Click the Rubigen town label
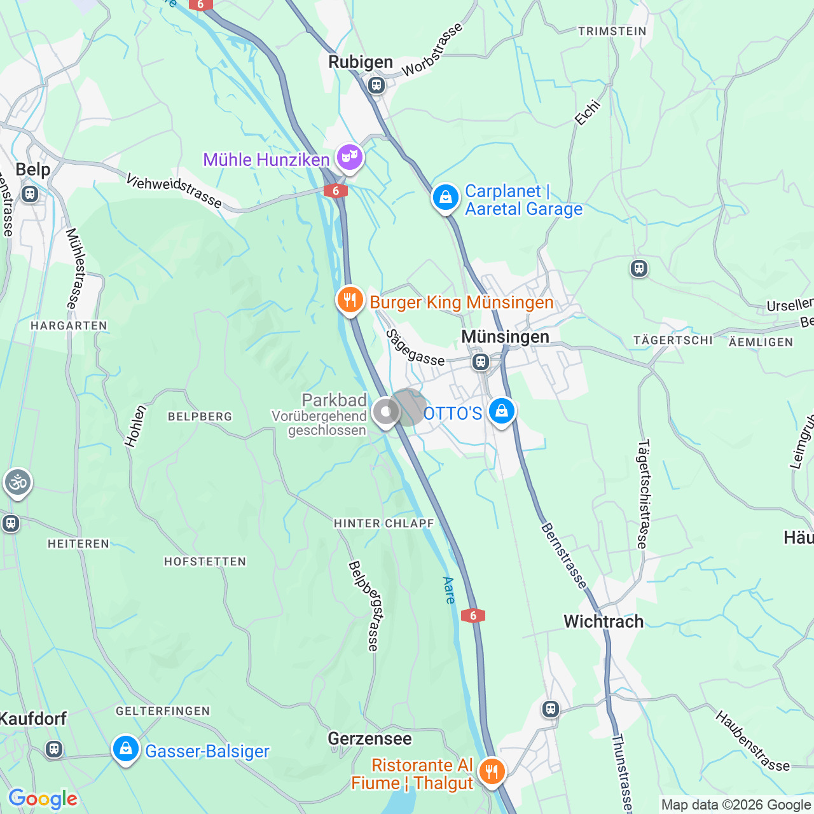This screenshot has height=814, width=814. (x=361, y=62)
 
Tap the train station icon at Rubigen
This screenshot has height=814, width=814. (x=376, y=85)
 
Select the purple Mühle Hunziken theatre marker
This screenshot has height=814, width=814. (x=349, y=156)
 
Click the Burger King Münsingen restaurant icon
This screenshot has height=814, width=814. (x=350, y=300)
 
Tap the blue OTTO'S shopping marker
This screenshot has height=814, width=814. (x=501, y=411)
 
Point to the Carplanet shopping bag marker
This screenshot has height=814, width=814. (x=446, y=197)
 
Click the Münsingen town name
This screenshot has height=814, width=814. (x=505, y=336)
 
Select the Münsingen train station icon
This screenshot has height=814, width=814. (x=481, y=362)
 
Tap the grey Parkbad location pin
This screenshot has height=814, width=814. (x=385, y=411)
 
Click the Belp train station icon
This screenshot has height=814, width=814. (x=30, y=194)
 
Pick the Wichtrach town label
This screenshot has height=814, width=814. (x=604, y=621)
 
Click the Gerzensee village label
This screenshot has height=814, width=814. (x=369, y=738)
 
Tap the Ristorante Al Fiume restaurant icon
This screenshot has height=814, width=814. (x=492, y=772)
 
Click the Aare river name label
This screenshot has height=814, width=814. (x=449, y=590)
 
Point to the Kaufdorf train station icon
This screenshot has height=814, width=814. (x=54, y=749)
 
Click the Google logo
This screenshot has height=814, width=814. (x=43, y=799)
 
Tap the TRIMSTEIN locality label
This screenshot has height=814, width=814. (x=612, y=31)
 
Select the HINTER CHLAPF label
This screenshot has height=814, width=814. (x=383, y=523)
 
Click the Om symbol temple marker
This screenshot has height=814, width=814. (x=18, y=483)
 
